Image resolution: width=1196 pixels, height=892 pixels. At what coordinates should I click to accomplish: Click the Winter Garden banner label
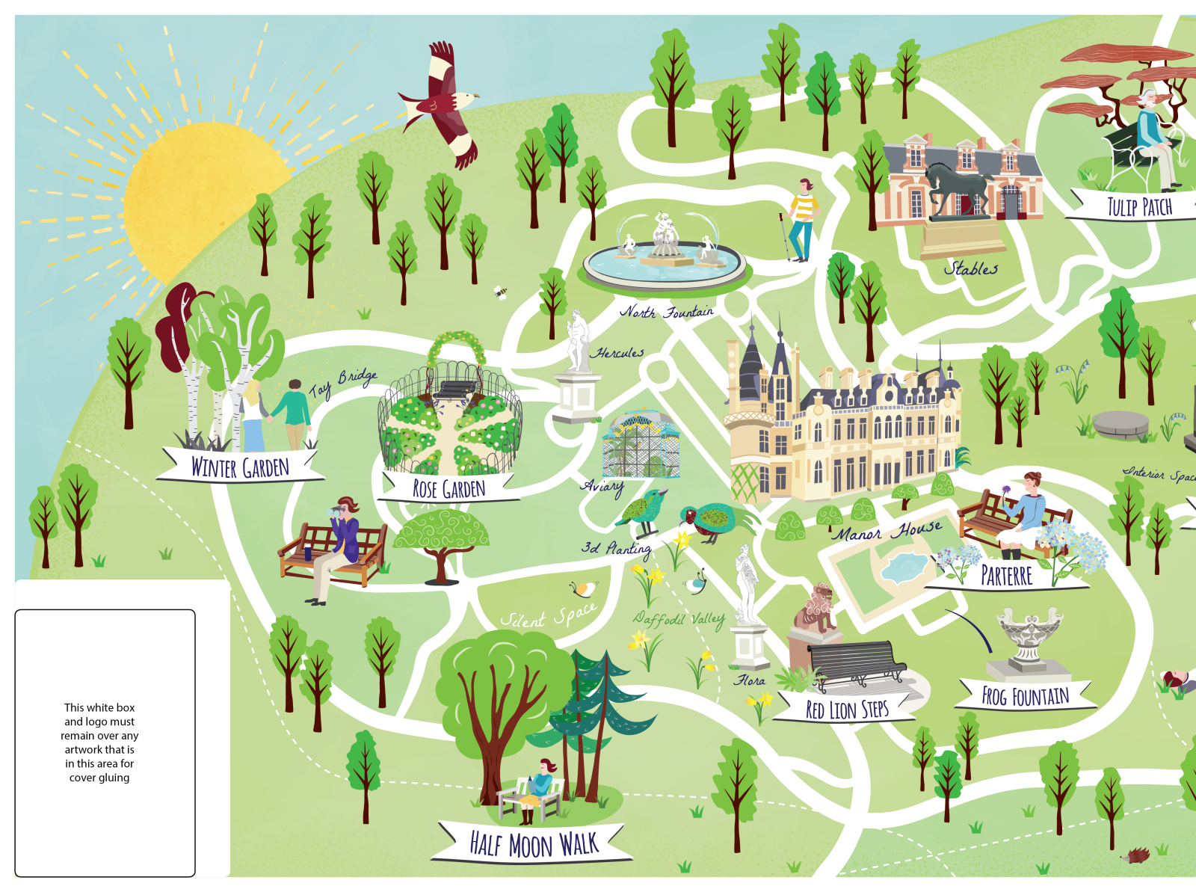[239, 467]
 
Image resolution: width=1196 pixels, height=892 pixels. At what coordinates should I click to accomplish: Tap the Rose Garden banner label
[449, 488]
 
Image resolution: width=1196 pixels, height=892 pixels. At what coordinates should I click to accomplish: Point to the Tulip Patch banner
[1138, 206]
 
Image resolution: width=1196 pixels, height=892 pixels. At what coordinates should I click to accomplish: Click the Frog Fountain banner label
[1025, 697]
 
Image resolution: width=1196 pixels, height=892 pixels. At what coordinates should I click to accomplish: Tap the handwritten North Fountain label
[666, 312]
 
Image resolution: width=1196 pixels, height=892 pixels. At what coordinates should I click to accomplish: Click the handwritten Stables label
[970, 268]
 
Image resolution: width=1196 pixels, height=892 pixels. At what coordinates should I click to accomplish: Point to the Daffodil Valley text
[678, 619]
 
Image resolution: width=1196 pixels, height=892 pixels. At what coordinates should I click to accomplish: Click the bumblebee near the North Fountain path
[500, 292]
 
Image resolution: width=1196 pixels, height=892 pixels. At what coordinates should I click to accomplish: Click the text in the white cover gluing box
[99, 742]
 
